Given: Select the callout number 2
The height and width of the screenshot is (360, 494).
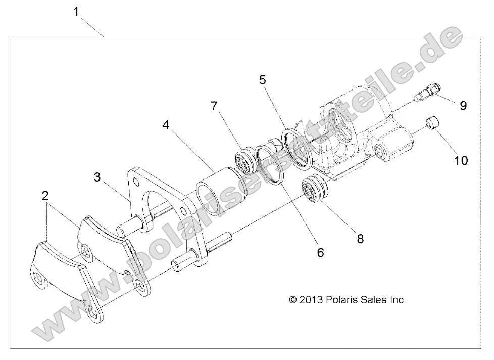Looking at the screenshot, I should (x=46, y=196).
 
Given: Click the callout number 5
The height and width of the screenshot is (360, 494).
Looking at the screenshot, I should (x=262, y=80).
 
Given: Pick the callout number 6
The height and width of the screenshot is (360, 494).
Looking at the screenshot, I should (x=320, y=252).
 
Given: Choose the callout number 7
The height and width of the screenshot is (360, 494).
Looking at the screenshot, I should (x=214, y=106).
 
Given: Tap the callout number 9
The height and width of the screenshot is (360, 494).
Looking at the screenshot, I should (x=463, y=105).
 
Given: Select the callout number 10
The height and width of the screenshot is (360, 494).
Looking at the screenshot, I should (x=461, y=161).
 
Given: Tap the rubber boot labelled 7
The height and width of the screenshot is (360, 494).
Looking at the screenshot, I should (x=248, y=159).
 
